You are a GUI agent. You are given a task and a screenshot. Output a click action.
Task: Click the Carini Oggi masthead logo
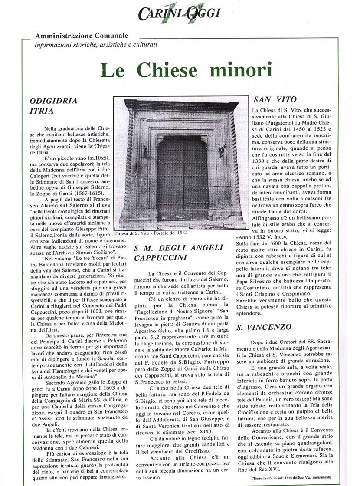point(179,13)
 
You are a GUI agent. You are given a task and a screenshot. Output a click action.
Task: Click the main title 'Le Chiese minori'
point(187,71)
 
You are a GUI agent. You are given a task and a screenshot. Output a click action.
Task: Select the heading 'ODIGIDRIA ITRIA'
point(53,106)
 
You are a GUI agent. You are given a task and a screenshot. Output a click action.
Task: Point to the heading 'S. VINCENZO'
point(264,327)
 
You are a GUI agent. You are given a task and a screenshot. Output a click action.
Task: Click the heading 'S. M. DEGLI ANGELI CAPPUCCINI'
point(178,253)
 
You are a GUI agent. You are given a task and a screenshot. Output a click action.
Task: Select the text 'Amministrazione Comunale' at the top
point(82,36)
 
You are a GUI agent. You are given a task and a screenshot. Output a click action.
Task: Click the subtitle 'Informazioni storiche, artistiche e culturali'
point(95,44)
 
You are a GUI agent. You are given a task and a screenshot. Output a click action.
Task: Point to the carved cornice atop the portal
point(181,106)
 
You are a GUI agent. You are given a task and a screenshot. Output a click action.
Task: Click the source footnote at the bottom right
point(291,478)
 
